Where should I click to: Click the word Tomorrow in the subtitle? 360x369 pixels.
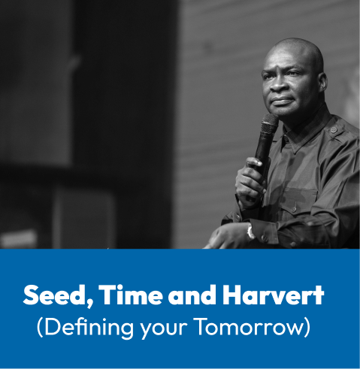249,327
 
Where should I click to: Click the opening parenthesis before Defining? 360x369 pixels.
40,328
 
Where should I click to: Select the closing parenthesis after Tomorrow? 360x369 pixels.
307,328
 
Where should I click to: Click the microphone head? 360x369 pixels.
269,124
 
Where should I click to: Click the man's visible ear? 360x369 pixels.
321,83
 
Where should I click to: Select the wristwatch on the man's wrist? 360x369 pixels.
250,231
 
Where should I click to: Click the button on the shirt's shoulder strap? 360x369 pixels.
333,130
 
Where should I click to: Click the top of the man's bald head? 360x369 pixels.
297,40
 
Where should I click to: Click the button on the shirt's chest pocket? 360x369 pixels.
295,208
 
